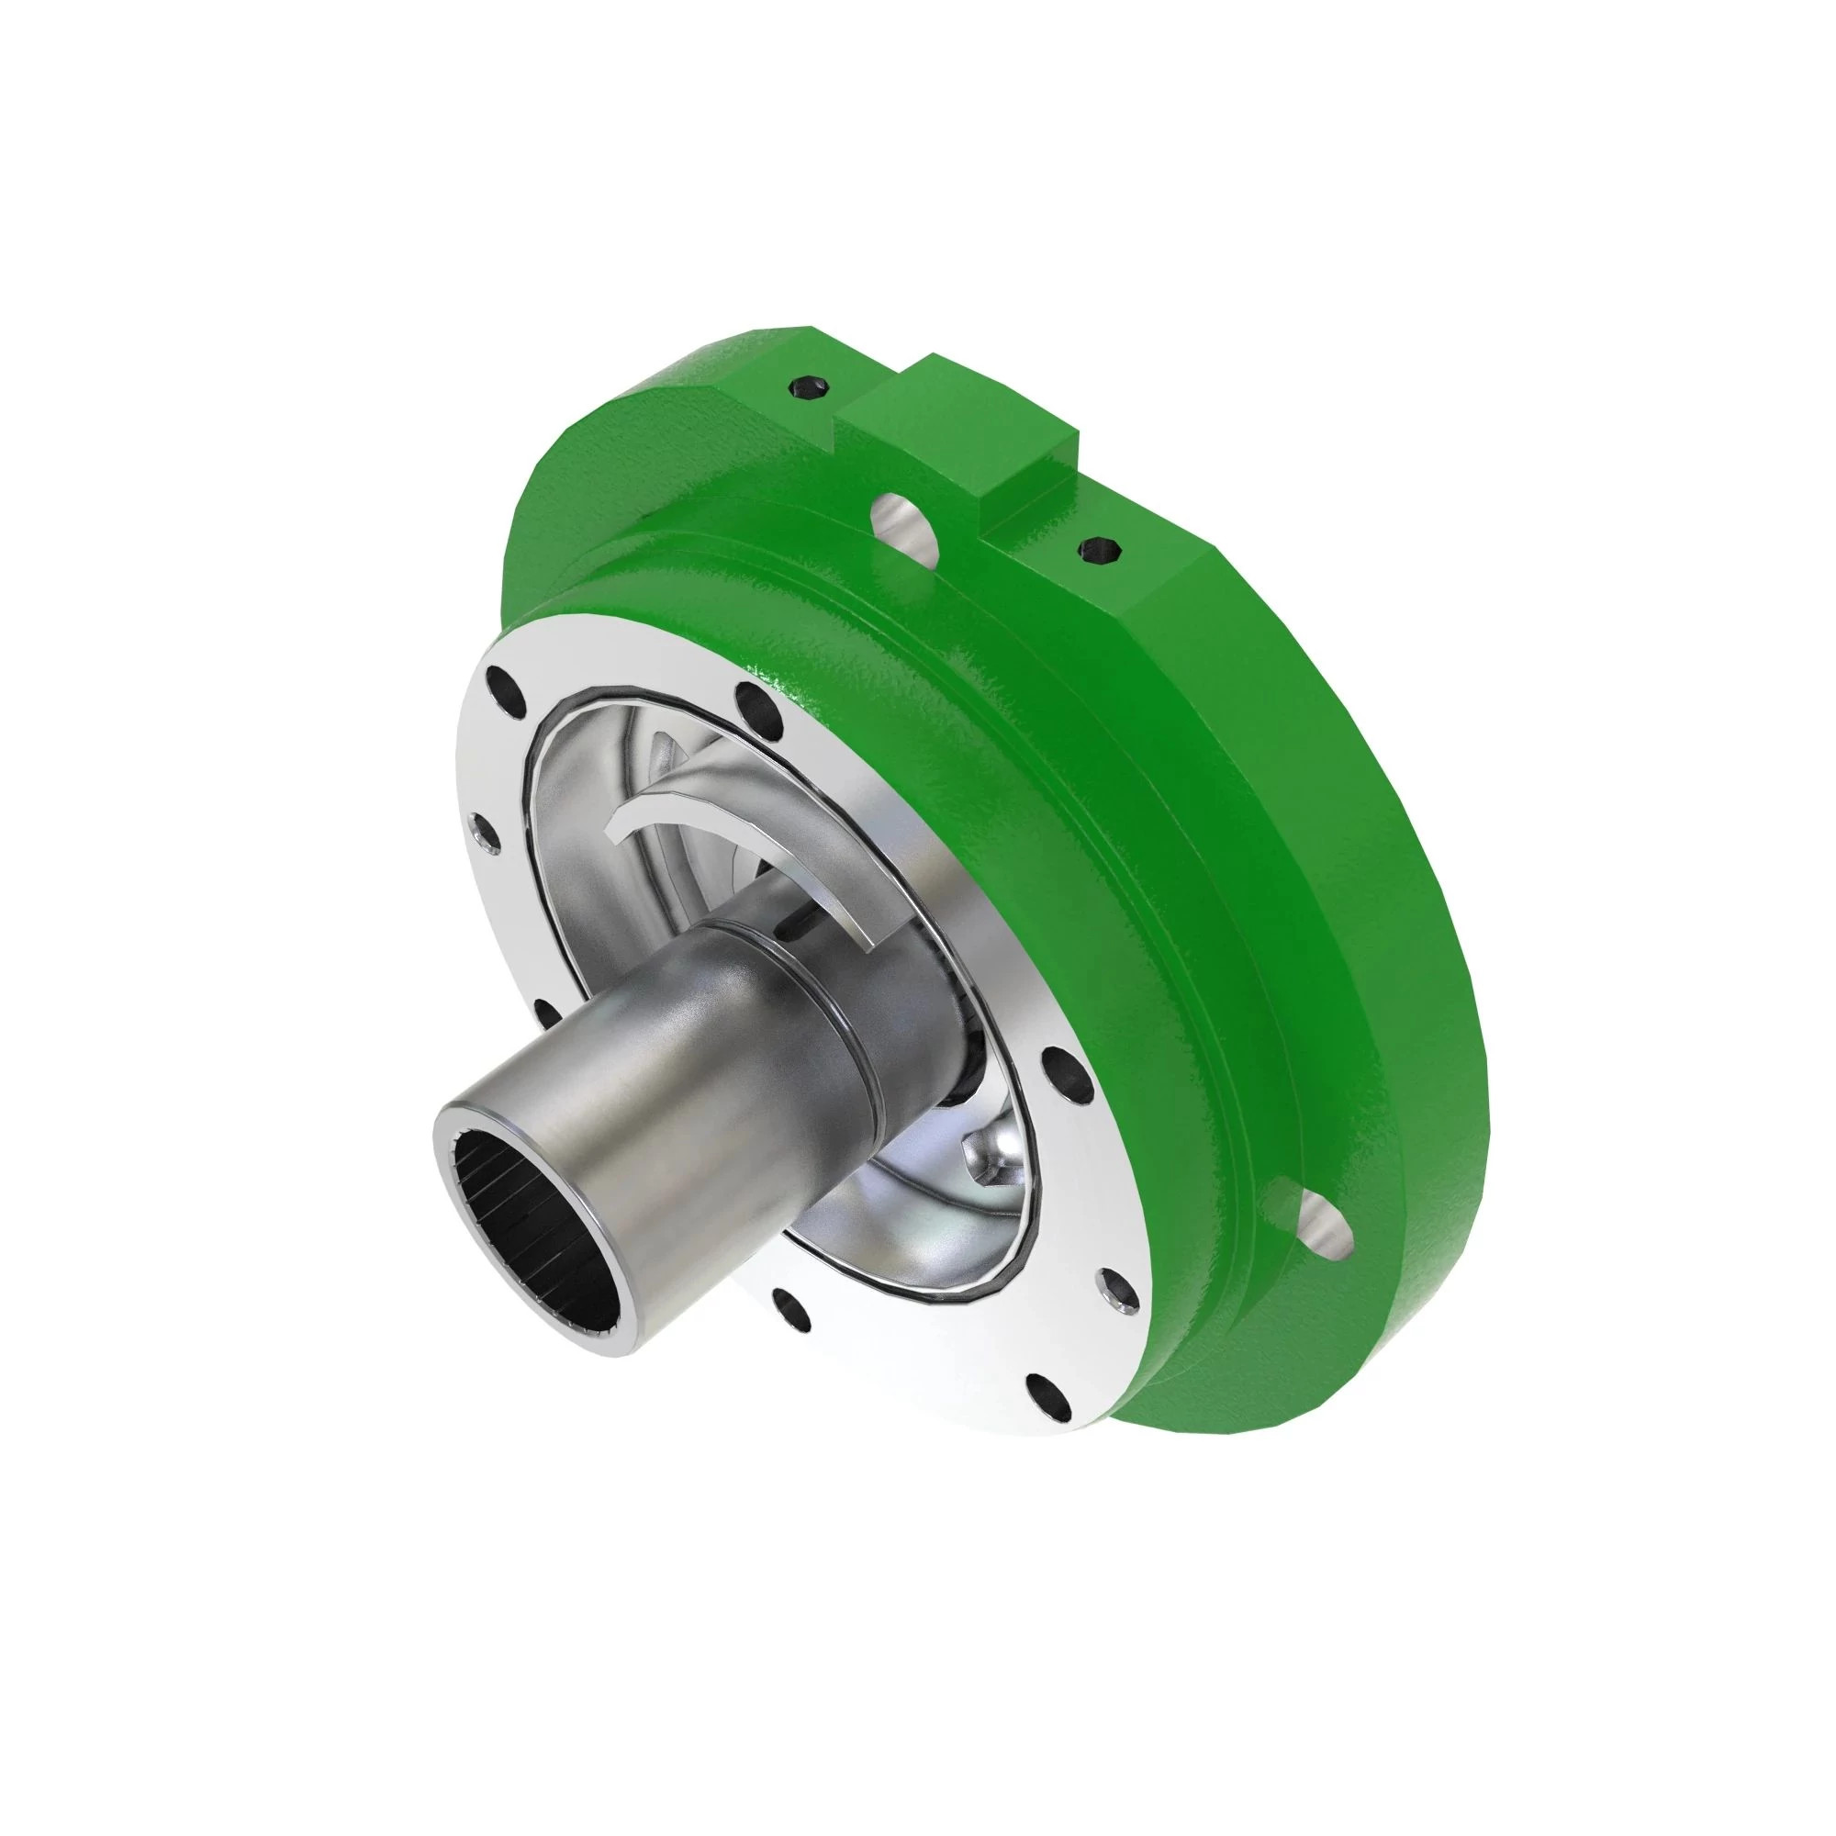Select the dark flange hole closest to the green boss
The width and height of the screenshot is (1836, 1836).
point(757,702)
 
